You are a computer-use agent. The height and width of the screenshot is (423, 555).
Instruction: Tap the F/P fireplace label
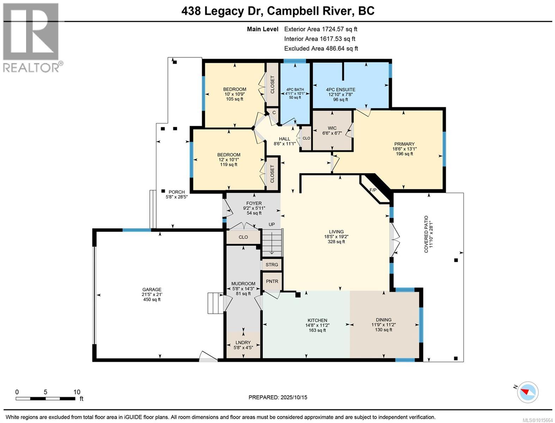[373, 190]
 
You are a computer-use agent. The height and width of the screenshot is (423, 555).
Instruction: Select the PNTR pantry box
[272, 281]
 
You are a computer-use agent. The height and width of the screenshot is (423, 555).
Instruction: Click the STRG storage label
[272, 265]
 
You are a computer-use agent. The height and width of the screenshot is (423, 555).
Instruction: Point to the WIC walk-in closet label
[332, 128]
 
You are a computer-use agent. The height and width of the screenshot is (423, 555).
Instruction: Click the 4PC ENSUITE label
[340, 90]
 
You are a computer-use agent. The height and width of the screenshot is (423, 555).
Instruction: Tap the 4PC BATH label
[295, 90]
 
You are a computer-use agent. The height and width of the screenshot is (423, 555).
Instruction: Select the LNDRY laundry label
[243, 343]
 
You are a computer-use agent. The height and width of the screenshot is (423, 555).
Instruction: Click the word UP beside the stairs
[272, 225]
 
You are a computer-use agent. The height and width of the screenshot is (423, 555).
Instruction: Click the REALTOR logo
[31, 37]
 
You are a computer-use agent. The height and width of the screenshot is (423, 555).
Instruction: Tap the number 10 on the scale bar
[77, 392]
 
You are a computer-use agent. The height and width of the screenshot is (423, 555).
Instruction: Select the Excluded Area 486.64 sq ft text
[321, 49]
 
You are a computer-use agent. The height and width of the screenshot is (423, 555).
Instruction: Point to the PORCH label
[176, 192]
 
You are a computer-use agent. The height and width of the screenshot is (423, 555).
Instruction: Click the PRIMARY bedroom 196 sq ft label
[404, 149]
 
